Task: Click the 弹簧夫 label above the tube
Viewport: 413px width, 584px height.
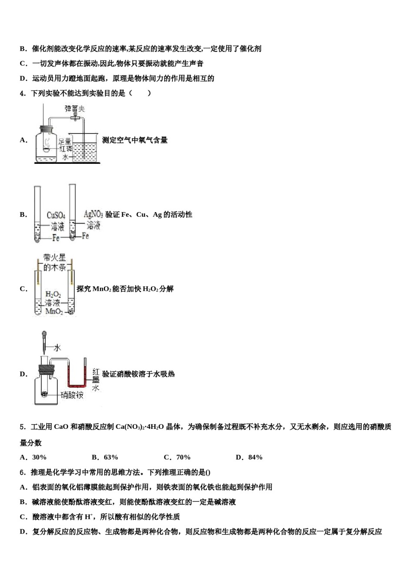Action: pyautogui.click(x=74, y=108)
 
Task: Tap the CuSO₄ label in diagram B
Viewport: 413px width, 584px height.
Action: pyautogui.click(x=56, y=216)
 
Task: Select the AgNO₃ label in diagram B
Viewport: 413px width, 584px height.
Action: pyautogui.click(x=93, y=214)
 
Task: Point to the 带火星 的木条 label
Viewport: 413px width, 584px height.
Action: pyautogui.click(x=54, y=262)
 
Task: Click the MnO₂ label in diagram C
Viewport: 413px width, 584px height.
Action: pyautogui.click(x=54, y=312)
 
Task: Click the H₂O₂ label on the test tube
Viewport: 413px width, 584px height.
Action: pyautogui.click(x=53, y=295)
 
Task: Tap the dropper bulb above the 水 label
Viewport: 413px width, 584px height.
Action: pyautogui.click(x=44, y=335)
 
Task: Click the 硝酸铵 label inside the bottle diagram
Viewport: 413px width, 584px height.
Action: pyautogui.click(x=72, y=395)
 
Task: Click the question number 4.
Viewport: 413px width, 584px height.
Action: pyautogui.click(x=23, y=93)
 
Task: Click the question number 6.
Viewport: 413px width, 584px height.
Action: pyautogui.click(x=23, y=472)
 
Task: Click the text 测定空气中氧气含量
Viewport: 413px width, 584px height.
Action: pyautogui.click(x=135, y=140)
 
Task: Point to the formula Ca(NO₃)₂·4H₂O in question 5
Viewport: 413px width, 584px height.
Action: pyautogui.click(x=140, y=427)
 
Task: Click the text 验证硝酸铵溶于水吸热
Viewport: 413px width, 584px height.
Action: pyautogui.click(x=138, y=374)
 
